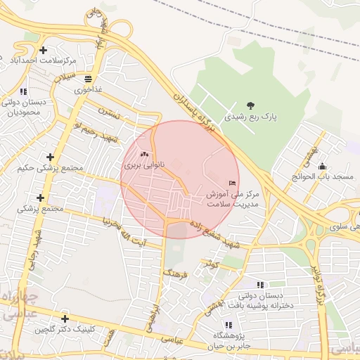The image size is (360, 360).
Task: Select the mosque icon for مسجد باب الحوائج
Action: coord(322,167)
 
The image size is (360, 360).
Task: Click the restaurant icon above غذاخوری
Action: coord(88,78)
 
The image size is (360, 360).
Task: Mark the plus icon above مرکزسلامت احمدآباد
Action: coord(44,50)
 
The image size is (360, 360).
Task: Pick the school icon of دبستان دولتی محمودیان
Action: coord(23,91)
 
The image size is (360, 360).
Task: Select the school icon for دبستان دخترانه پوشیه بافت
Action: coord(260,285)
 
